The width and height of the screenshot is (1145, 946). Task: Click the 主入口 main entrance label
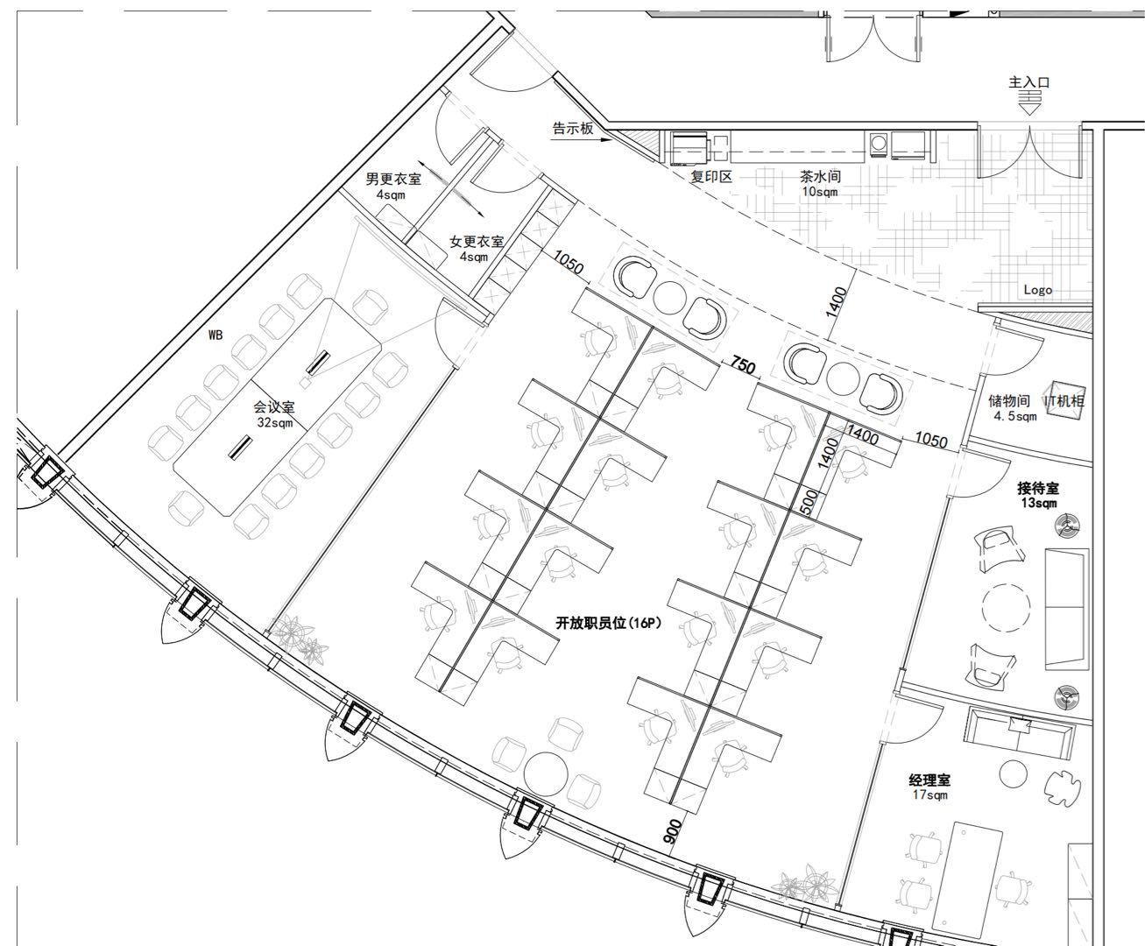click(x=1029, y=83)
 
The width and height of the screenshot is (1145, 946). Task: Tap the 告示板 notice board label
click(x=573, y=129)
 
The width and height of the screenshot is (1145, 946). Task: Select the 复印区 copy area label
click(x=711, y=177)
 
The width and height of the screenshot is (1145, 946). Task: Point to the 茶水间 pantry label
click(x=820, y=177)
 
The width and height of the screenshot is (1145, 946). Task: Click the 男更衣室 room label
click(x=393, y=180)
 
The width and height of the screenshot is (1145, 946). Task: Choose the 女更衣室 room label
click(x=477, y=241)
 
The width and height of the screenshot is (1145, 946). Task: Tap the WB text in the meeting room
click(x=216, y=335)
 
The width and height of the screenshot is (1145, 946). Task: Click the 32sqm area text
click(x=275, y=423)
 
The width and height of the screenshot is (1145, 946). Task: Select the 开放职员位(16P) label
click(x=609, y=623)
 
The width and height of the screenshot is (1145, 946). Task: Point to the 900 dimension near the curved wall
click(x=673, y=832)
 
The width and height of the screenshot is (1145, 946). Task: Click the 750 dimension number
click(x=743, y=365)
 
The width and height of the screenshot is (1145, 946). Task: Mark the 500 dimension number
click(x=809, y=502)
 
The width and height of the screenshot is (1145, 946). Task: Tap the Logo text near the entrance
click(x=1038, y=290)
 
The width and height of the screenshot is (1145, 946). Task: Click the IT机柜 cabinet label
click(x=1064, y=401)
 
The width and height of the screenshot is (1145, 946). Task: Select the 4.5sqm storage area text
click(x=1015, y=416)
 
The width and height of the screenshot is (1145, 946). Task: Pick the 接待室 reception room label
click(x=1038, y=488)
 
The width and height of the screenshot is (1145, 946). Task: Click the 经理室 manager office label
click(x=929, y=780)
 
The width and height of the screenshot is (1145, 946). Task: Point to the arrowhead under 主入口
click(x=1030, y=109)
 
